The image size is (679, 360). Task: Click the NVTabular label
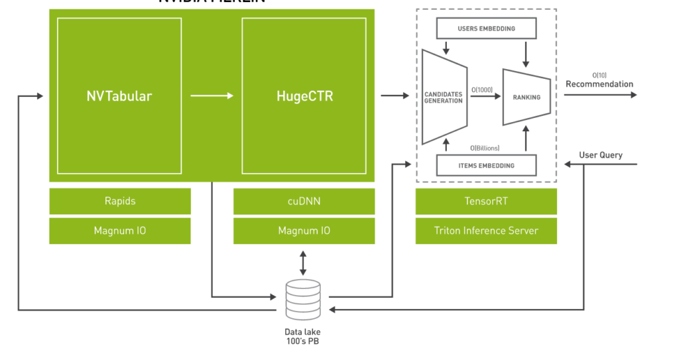(x=119, y=96)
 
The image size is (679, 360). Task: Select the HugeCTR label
(x=304, y=96)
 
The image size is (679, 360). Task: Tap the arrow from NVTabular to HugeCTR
(x=212, y=96)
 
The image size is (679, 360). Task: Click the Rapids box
(x=120, y=201)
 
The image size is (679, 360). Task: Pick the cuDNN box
(x=304, y=201)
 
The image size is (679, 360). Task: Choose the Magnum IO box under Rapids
(x=120, y=231)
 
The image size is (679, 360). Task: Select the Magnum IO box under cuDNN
(x=304, y=231)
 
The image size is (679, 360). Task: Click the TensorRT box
(x=486, y=201)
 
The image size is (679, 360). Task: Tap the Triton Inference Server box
(x=486, y=231)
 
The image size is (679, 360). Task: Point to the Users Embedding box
(x=486, y=29)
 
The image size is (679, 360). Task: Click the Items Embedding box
(x=486, y=165)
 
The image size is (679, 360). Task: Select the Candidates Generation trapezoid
(x=444, y=97)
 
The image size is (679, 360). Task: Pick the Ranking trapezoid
(x=526, y=97)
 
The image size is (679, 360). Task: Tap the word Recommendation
(x=599, y=84)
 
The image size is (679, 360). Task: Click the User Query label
(x=601, y=155)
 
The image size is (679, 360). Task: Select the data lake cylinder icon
(x=302, y=300)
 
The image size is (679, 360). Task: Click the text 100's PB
(x=302, y=341)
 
